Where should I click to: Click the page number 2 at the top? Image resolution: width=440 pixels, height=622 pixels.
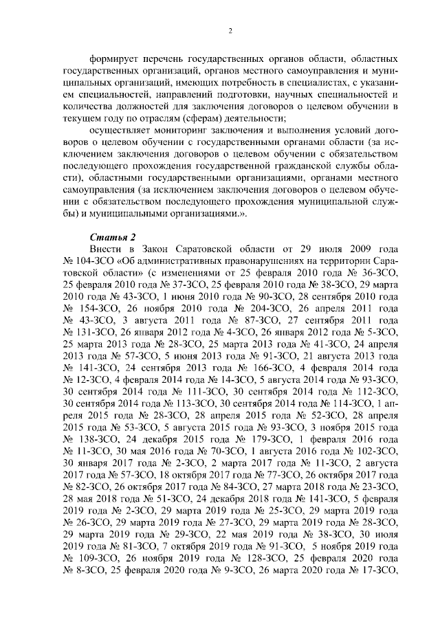click(x=231, y=30)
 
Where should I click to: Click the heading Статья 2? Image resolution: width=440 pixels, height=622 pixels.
click(x=108, y=237)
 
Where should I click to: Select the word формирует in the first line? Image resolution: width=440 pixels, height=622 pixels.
click(x=113, y=54)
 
